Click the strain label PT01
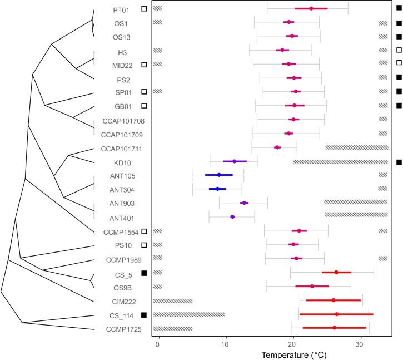(121, 9)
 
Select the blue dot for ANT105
(219, 175)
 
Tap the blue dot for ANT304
(217, 189)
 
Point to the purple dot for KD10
(235, 161)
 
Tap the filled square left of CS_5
(144, 273)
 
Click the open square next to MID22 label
(144, 65)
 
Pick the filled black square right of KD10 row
(399, 162)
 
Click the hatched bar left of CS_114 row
(189, 314)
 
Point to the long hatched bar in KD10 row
(340, 162)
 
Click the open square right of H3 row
(399, 51)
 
